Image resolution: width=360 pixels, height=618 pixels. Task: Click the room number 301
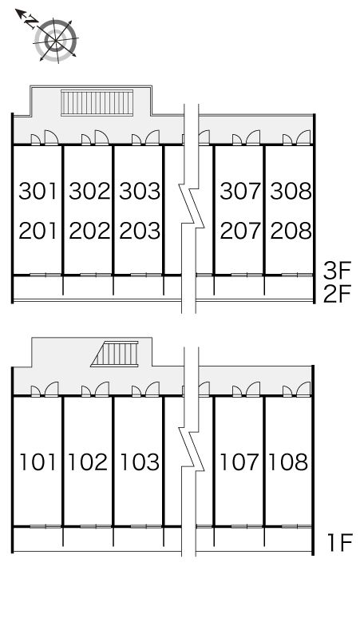pyautogui.click(x=38, y=191)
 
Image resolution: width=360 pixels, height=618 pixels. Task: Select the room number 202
pyautogui.click(x=89, y=231)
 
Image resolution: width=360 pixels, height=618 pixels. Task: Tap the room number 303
pyautogui.click(x=140, y=191)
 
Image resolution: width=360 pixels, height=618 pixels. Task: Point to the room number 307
pyautogui.click(x=240, y=191)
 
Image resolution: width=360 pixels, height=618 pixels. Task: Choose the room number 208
pyautogui.click(x=291, y=231)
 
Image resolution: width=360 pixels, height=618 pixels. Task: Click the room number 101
pyautogui.click(x=38, y=462)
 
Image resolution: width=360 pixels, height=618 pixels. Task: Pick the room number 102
pyautogui.click(x=88, y=462)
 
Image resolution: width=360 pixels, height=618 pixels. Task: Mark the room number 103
pyautogui.click(x=140, y=462)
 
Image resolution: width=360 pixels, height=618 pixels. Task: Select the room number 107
pyautogui.click(x=239, y=462)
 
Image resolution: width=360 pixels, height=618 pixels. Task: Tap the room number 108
pyautogui.click(x=289, y=462)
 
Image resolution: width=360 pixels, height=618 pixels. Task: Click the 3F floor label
pyautogui.click(x=337, y=271)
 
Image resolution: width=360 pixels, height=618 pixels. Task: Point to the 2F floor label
pyautogui.click(x=337, y=295)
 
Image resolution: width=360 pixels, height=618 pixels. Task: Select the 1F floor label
pyautogui.click(x=339, y=543)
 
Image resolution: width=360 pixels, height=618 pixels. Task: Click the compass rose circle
pyautogui.click(x=56, y=39)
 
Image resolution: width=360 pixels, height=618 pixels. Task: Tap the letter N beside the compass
pyautogui.click(x=30, y=22)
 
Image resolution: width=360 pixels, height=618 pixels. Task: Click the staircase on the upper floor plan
pyautogui.click(x=97, y=102)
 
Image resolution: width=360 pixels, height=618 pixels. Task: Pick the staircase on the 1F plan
pyautogui.click(x=115, y=354)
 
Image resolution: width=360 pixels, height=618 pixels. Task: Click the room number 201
pyautogui.click(x=38, y=231)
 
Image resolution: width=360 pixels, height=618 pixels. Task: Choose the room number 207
pyautogui.click(x=240, y=231)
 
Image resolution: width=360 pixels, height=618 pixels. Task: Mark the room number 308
pyautogui.click(x=291, y=191)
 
